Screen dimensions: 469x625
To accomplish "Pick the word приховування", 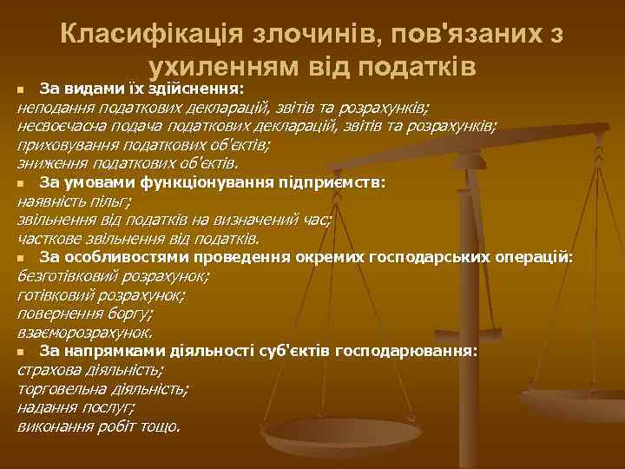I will tap(62, 145).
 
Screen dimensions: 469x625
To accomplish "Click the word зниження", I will tap(48, 163).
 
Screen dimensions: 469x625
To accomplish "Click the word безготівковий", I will tap(65, 277).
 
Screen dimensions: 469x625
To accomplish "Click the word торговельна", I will tap(57, 389).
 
